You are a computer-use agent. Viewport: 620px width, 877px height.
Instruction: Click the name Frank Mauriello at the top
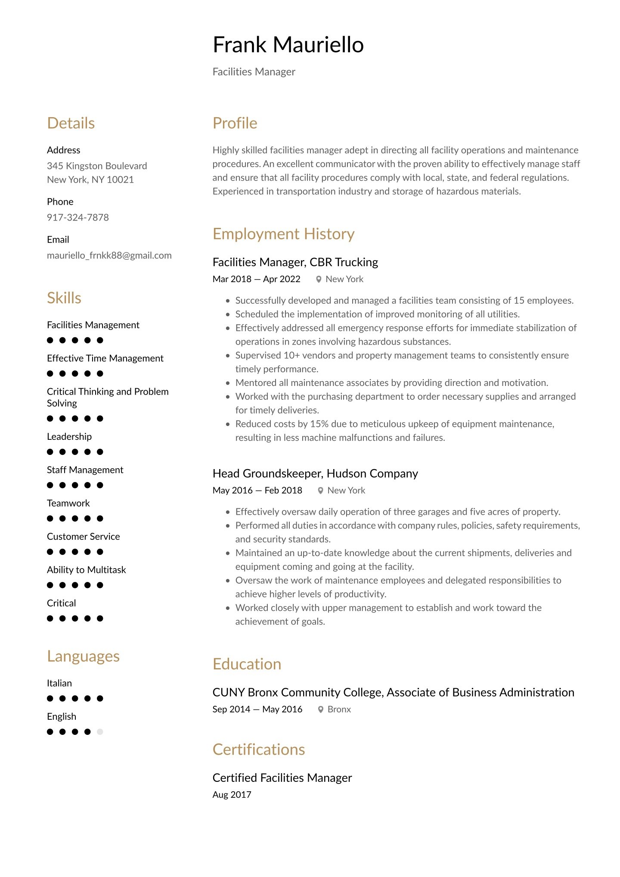(288, 45)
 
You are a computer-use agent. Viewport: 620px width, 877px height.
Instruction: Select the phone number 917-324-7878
(78, 218)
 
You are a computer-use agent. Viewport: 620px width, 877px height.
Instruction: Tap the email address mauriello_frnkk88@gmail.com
(109, 255)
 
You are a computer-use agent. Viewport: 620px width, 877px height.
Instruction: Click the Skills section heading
(64, 298)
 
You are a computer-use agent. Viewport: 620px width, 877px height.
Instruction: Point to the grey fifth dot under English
(100, 732)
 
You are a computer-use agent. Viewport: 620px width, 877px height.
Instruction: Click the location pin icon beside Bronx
(320, 709)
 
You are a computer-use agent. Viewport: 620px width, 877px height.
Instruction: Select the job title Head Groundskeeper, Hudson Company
(315, 473)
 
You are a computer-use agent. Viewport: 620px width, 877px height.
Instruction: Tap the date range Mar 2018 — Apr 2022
(256, 279)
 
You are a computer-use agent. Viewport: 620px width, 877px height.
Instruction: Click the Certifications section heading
(259, 749)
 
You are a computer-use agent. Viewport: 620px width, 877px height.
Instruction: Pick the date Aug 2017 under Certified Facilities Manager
(232, 795)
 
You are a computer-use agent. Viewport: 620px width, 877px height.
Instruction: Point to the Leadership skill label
(69, 437)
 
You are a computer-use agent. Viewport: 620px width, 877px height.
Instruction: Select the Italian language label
(59, 683)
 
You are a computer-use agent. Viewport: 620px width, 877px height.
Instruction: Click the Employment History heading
(283, 234)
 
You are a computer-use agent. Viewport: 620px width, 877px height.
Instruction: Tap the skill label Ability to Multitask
(87, 570)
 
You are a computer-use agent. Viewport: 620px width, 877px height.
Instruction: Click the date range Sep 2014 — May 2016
(257, 709)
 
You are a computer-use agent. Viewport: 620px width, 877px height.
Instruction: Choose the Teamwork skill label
(68, 503)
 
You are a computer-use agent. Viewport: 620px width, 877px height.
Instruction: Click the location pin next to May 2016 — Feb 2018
(320, 491)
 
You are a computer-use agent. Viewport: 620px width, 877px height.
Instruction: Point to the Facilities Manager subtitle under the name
(254, 72)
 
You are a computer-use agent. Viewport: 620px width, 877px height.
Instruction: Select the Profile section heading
(235, 123)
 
